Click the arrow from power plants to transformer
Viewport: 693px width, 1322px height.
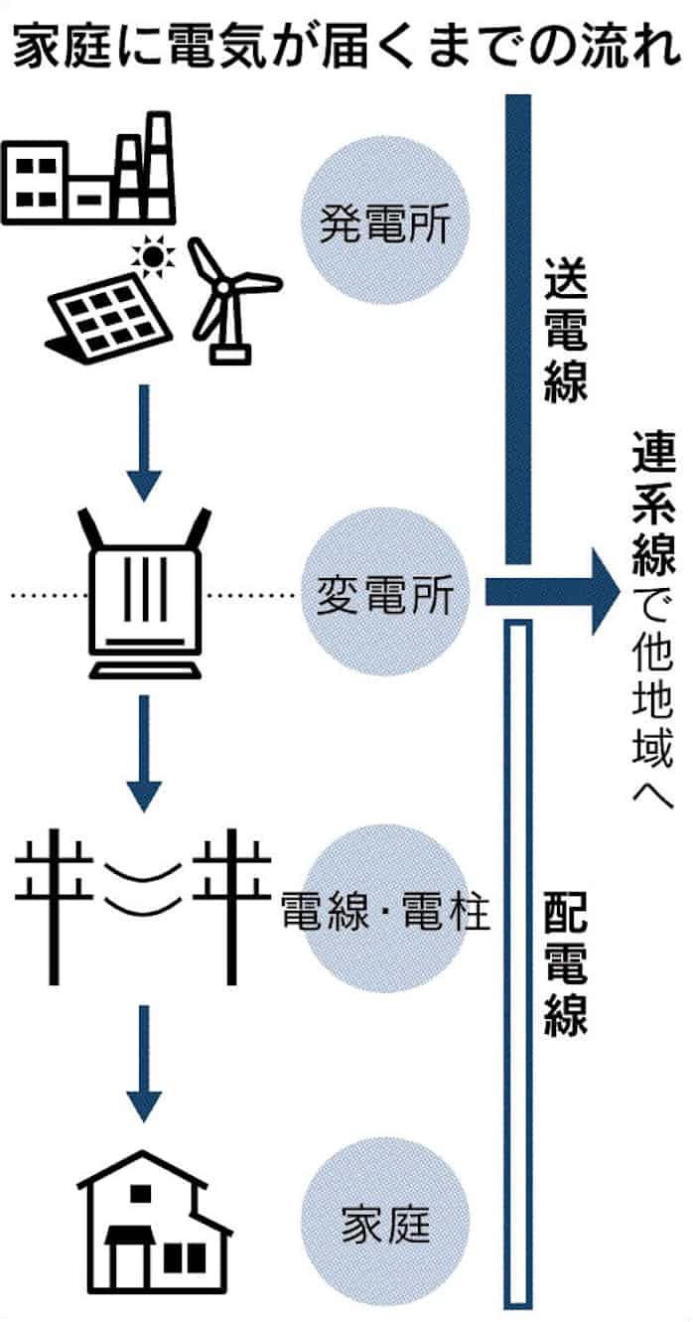coord(145,441)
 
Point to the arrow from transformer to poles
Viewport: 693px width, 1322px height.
coord(145,751)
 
